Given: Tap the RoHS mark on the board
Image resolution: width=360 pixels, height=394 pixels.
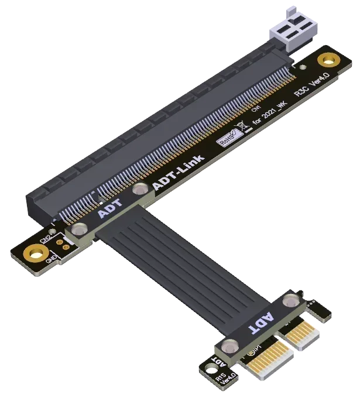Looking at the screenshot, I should tap(226, 138).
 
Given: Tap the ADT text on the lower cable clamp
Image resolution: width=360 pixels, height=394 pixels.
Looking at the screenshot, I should tap(260, 321).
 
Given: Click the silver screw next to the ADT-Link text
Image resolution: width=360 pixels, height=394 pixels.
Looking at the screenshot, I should tap(140, 189).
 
